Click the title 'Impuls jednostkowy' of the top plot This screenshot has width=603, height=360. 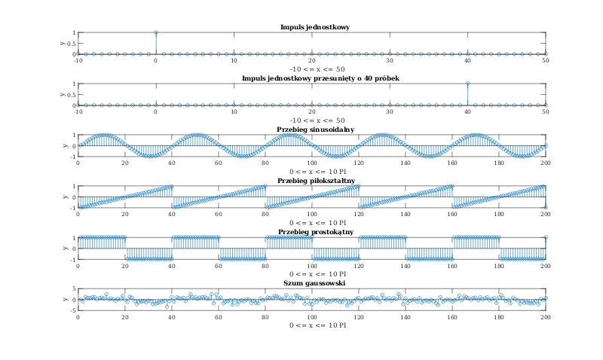coord(312,28)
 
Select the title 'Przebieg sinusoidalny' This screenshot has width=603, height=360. coord(312,130)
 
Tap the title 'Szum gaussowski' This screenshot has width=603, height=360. coord(312,283)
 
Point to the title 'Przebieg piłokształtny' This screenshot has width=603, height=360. coord(312,181)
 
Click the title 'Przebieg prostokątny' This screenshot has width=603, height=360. coord(312,232)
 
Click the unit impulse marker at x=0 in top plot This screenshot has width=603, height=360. coord(155,32)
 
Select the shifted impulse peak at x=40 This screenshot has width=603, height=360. coord(467,84)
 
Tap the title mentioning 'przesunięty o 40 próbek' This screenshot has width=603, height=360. coord(312,78)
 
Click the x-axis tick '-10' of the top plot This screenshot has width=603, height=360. coord(78,60)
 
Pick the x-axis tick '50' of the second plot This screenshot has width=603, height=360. coord(545,111)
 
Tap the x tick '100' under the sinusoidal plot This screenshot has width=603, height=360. coord(312,163)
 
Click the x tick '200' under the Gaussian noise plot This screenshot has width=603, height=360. coord(545,316)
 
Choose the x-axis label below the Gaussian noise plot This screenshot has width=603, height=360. coord(312,325)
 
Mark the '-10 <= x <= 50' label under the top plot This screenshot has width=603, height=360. coord(312,69)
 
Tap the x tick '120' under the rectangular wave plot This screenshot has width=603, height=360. coord(359,265)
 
